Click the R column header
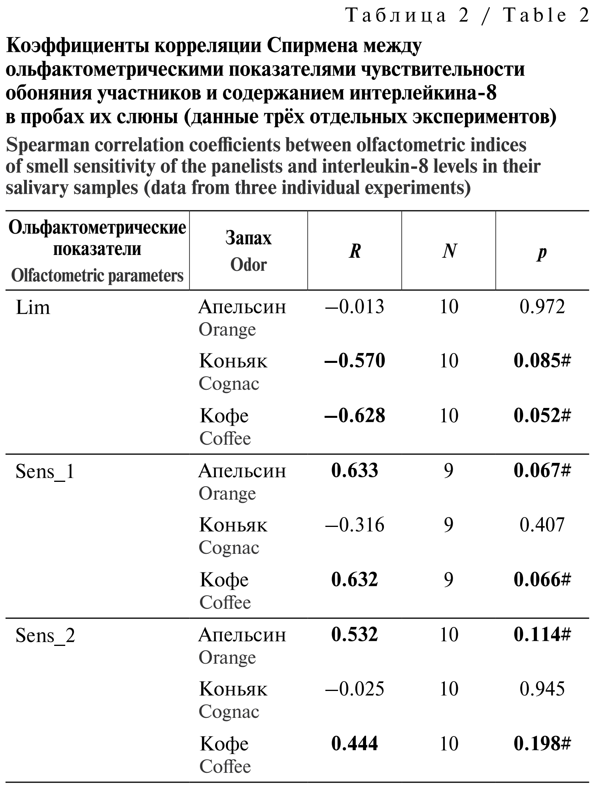coord(355,251)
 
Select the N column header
coord(449,251)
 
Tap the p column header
coord(542,252)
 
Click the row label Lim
coord(33,308)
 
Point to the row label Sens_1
coord(45,472)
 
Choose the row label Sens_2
coord(45,636)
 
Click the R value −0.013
coord(354,307)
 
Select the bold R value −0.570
coord(354,361)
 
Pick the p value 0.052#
coord(542,415)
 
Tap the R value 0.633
coord(355,470)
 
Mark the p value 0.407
coord(542,525)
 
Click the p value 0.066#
coord(542,579)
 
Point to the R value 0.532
coord(355,634)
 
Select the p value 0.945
coord(542,689)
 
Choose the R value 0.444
coord(355,744)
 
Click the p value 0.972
coord(542,307)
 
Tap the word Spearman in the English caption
coord(47,145)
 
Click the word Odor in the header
coord(248,265)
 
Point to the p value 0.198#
coord(542,744)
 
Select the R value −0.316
coord(354,525)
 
